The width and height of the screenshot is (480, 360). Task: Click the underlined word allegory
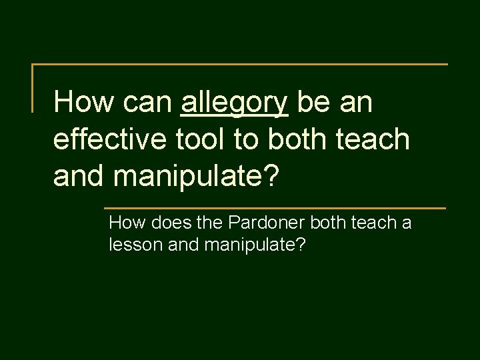click(234, 103)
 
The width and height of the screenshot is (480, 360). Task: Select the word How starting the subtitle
click(124, 223)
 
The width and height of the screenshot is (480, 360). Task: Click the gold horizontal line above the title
click(240, 65)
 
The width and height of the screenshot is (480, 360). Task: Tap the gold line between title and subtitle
click(275, 208)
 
